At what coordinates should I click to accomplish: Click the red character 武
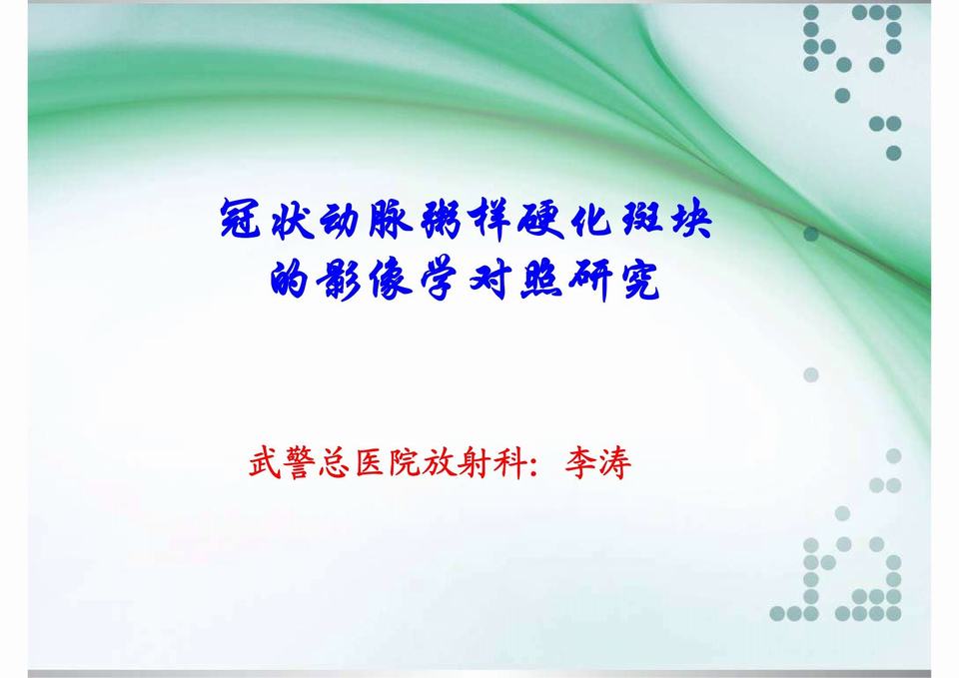(x=266, y=464)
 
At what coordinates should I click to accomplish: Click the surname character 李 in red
(x=579, y=464)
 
